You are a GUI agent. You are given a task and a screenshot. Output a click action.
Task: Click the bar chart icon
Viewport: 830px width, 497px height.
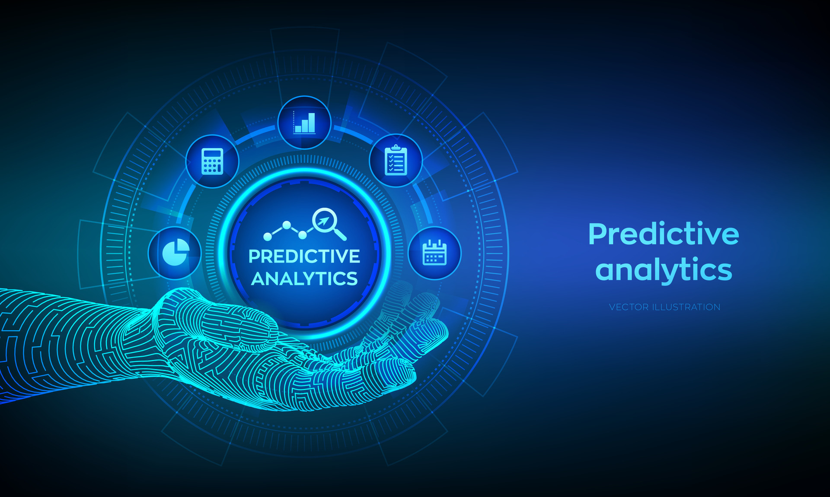(x=304, y=123)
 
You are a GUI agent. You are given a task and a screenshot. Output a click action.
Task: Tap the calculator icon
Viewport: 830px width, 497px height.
(x=212, y=161)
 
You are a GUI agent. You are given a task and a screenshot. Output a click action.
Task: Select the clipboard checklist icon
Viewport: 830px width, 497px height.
(x=396, y=160)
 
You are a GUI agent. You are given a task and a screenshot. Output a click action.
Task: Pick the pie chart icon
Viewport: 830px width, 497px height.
(x=175, y=253)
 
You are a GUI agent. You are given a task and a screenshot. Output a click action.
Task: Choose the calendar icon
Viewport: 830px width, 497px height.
(x=434, y=253)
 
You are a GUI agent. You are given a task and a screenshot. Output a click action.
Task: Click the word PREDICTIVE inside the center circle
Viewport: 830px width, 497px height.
(x=304, y=256)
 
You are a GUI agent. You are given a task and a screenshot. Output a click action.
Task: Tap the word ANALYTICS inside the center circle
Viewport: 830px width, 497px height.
(x=304, y=279)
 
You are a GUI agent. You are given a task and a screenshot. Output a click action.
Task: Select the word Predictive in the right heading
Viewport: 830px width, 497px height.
(x=664, y=234)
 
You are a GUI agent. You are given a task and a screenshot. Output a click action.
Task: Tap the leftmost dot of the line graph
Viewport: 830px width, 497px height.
(x=268, y=237)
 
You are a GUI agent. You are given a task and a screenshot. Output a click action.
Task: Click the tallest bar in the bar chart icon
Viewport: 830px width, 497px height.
(x=311, y=123)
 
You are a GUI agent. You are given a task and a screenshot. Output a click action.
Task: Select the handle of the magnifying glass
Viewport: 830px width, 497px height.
(x=341, y=235)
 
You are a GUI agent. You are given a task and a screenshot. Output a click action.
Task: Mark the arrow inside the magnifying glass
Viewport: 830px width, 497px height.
(x=322, y=221)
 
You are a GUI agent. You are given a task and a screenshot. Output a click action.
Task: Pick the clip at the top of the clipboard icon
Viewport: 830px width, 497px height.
(x=396, y=148)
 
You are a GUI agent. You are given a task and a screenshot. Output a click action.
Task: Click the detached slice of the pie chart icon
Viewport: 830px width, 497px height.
(x=182, y=247)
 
